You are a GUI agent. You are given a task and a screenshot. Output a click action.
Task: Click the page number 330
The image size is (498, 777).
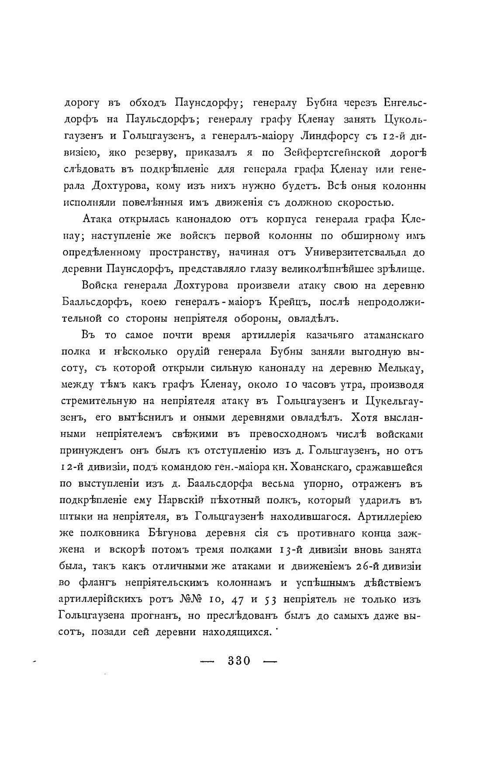(239, 660)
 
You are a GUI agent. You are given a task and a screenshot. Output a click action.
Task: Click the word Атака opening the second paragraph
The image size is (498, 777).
(97, 219)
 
